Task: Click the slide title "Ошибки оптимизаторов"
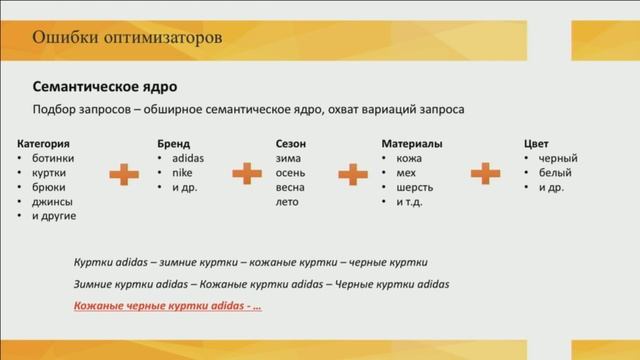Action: [127, 38]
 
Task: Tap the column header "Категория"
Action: [44, 144]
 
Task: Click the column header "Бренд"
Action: [173, 144]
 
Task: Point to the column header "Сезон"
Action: [291, 144]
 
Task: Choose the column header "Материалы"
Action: [412, 144]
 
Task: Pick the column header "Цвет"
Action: [537, 144]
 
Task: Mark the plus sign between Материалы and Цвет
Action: [485, 174]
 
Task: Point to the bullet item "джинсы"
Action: [51, 201]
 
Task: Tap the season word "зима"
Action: [288, 158]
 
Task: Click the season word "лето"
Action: [288, 201]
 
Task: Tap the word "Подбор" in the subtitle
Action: [58, 108]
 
